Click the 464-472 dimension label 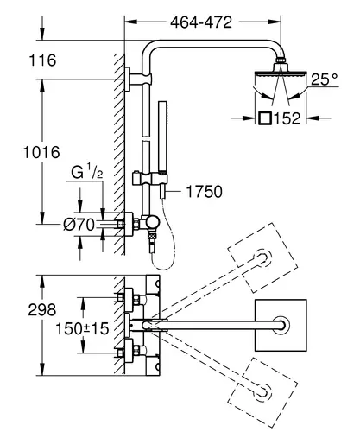pos(201,22)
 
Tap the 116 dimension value pos(42,60)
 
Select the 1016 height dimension pos(41,152)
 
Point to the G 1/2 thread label pos(87,172)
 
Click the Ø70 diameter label pos(79,225)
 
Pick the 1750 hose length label pos(205,192)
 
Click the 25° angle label pos(325,79)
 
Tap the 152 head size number pos(287,118)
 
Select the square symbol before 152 pos(265,118)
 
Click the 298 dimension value pos(42,310)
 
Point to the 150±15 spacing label pos(82,328)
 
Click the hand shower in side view pos(163,149)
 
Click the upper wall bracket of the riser pos(137,79)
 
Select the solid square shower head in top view pos(281,325)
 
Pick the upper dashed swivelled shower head pos(262,257)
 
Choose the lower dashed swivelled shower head pos(262,392)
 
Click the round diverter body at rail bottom pos(152,222)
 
